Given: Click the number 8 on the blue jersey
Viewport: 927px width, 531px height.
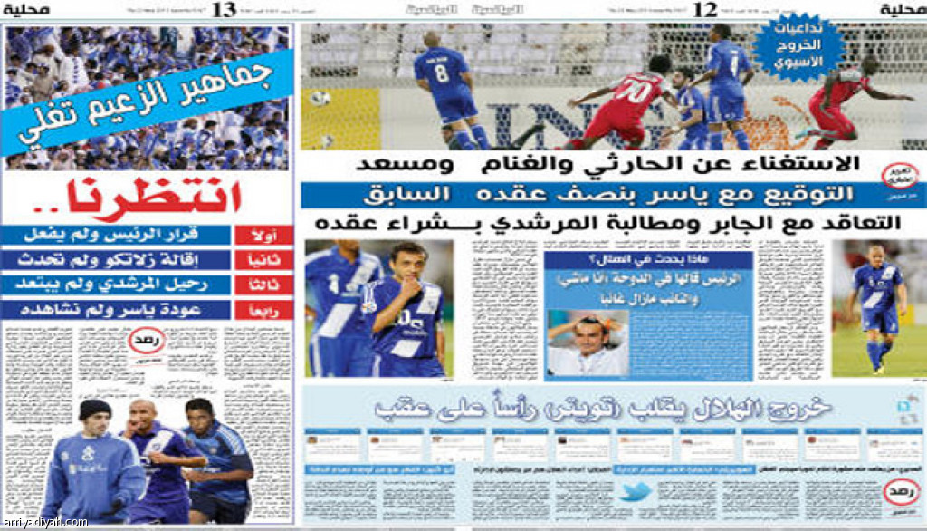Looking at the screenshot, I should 441,72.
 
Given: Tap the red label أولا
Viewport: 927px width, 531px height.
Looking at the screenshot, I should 263,236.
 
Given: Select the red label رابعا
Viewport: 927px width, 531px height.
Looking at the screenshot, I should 263,310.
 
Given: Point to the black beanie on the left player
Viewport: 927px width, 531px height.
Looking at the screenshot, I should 94,410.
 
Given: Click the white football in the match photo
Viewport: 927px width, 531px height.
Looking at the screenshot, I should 320,98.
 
